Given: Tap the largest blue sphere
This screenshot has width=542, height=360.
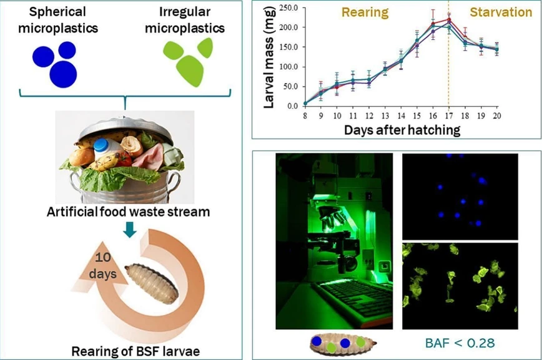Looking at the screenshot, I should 64,73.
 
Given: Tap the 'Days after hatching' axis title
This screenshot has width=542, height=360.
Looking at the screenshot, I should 402,130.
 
